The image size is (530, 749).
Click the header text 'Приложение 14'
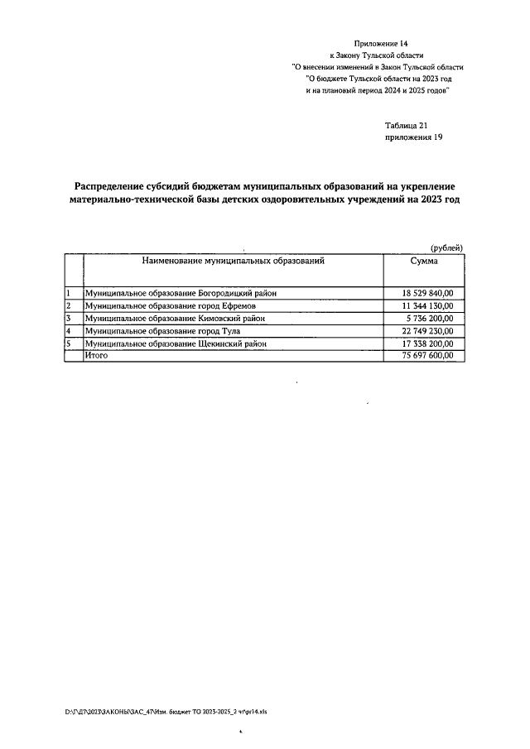[382, 41]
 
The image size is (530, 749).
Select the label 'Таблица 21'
[406, 126]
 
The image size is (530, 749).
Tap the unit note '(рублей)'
[447, 247]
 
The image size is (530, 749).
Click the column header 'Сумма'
[424, 261]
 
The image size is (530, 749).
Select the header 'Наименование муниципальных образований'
[233, 261]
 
